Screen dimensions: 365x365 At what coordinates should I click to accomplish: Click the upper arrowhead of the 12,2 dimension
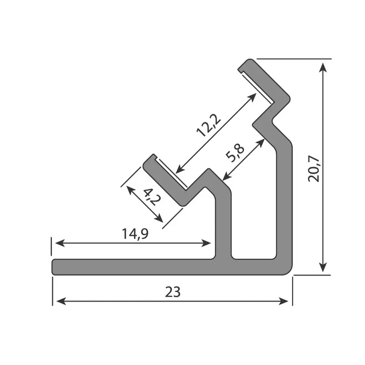(253, 96)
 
